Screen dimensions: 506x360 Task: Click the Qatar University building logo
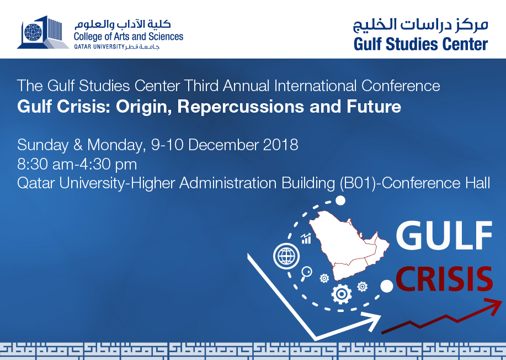click(43, 32)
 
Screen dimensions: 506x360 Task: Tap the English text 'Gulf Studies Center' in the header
click(420, 44)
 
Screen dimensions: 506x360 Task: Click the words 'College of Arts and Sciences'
click(129, 37)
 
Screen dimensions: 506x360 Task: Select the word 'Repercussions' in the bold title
click(241, 107)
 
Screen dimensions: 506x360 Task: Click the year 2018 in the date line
click(280, 145)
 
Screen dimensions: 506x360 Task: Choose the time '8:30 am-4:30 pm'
click(77, 165)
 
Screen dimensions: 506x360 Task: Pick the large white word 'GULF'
click(444, 235)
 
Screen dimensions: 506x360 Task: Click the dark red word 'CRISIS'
click(444, 279)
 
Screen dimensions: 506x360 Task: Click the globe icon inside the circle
click(286, 256)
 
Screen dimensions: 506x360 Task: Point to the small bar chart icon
click(306, 239)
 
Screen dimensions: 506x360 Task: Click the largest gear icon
click(342, 294)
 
